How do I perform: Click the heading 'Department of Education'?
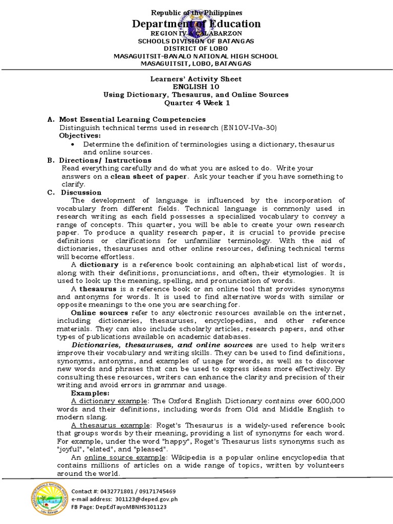pos(196,24)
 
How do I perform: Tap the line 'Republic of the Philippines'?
pos(196,12)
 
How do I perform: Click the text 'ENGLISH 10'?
pos(196,87)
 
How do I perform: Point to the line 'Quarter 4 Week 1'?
pos(196,103)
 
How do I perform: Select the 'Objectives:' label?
pos(80,136)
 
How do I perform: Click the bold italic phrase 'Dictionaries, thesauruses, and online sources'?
pos(162,345)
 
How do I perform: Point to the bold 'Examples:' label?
pos(90,393)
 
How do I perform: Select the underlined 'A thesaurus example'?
pos(104,426)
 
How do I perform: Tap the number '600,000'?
pos(327,401)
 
